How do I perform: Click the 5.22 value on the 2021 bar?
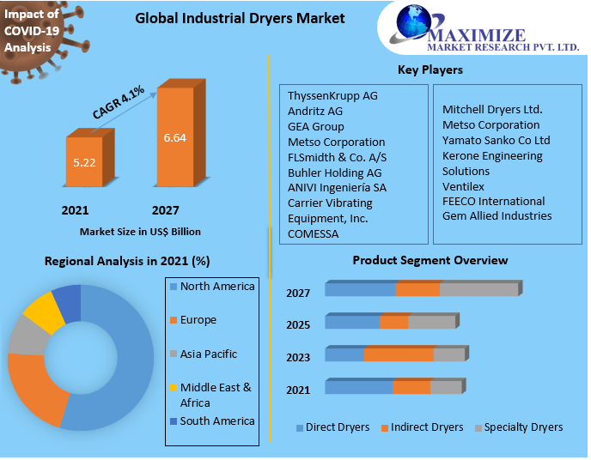click(x=83, y=161)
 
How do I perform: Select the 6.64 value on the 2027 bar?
click(x=175, y=137)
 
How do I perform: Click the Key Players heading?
click(x=430, y=70)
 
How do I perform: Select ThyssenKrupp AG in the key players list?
click(x=332, y=96)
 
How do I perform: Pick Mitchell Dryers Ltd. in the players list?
click(x=492, y=109)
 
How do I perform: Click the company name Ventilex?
click(x=463, y=186)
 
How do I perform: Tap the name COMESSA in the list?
click(x=313, y=233)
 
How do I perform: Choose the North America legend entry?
click(x=217, y=287)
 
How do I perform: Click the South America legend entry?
click(x=217, y=421)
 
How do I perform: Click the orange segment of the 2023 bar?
click(x=399, y=354)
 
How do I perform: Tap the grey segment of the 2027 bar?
click(x=478, y=289)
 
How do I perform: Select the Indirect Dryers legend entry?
click(x=426, y=427)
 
